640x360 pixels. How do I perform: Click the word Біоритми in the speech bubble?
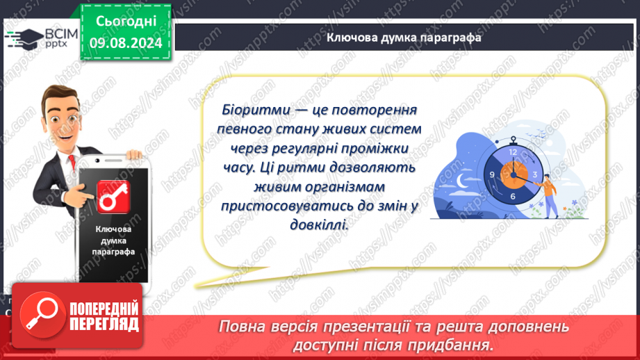tap(256, 110)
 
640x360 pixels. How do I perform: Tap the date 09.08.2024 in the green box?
tap(126, 42)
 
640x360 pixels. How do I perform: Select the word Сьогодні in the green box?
tap(126, 22)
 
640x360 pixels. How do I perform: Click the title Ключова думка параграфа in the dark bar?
tap(404, 38)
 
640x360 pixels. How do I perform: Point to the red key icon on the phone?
tap(113, 197)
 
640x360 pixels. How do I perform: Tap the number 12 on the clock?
tap(513, 152)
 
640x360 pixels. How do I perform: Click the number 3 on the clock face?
tap(534, 174)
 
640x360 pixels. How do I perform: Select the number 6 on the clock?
tap(513, 196)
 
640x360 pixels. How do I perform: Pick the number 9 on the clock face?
tap(492, 174)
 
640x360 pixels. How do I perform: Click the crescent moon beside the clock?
tap(461, 181)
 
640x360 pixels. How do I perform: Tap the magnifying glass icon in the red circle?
tap(42, 314)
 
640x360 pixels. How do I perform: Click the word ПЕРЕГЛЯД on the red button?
tap(104, 325)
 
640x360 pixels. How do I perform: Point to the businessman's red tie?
tap(72, 162)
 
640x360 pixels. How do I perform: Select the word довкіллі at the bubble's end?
tap(319, 224)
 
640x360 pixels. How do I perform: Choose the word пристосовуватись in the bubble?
tap(293, 206)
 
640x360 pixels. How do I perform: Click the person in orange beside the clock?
tap(548, 195)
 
